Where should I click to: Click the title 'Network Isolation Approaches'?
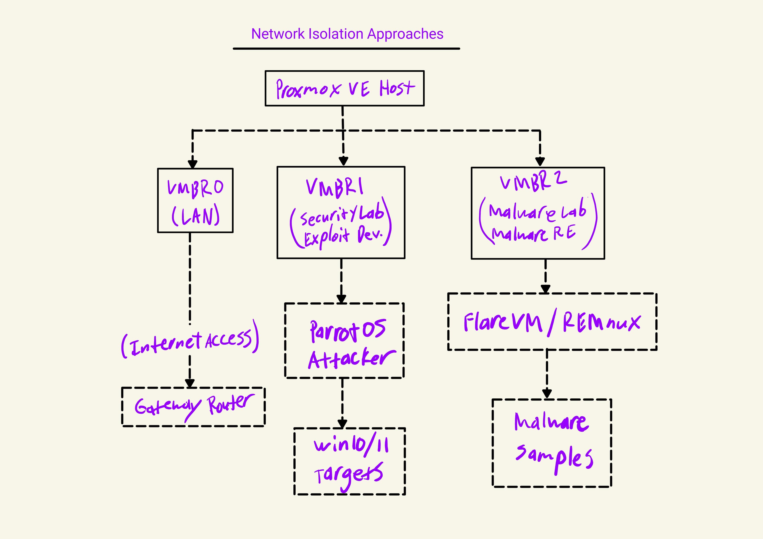347,34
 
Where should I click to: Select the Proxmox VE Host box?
344,88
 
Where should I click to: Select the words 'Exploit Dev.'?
343,236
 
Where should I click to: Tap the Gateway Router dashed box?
193,407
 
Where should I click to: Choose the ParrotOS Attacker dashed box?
344,340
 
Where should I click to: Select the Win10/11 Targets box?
349,461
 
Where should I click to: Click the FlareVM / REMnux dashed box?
552,321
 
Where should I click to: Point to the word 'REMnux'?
601,322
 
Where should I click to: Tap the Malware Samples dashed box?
552,443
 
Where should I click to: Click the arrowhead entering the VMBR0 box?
192,164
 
